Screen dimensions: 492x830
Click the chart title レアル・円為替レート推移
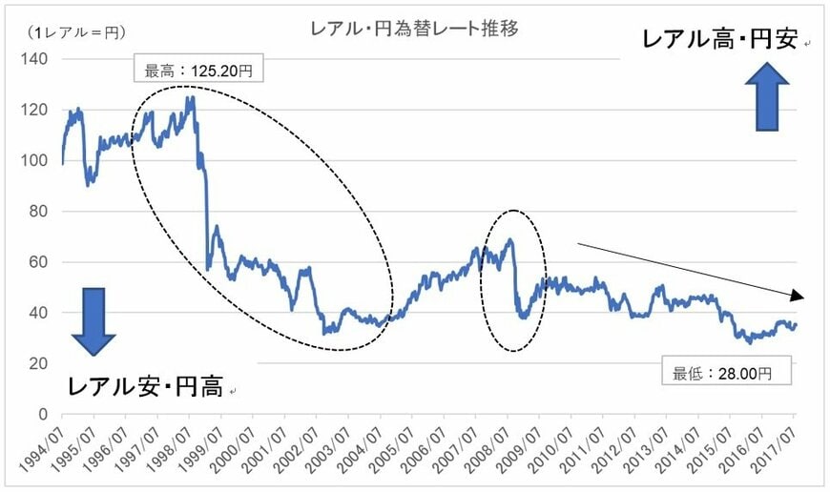(415, 29)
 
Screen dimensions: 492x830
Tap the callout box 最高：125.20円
(199, 70)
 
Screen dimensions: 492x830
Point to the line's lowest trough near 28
(737, 341)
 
